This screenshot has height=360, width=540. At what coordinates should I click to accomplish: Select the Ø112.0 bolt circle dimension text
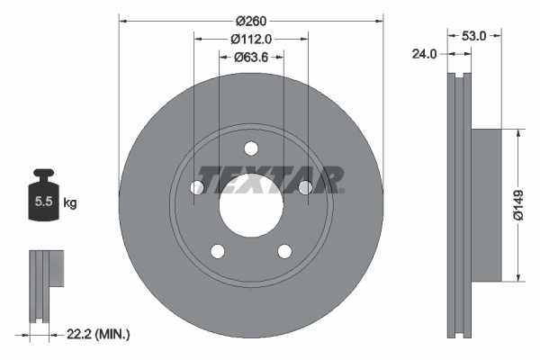pos(251,39)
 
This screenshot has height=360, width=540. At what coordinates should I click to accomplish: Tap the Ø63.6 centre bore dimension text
pos(252,58)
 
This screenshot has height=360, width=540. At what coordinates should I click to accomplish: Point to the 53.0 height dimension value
pos(474,36)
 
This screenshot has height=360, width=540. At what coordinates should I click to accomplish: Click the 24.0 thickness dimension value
pos(424,54)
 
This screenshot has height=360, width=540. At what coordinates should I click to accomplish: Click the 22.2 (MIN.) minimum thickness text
pos(99,334)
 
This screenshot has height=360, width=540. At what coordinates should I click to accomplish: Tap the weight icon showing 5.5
pos(42,200)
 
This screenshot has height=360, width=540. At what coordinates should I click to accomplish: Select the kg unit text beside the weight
pos(69,203)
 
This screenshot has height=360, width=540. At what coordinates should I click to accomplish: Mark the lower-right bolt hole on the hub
pos(285,251)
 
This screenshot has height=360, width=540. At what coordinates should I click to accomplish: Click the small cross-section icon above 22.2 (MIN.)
pos(45,284)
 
